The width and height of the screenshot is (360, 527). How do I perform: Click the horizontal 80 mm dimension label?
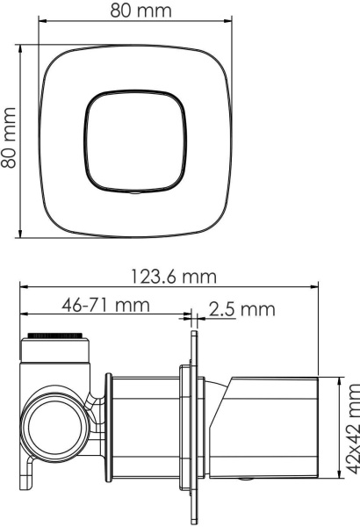click(140, 11)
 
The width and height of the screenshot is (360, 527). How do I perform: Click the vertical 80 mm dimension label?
click(9, 138)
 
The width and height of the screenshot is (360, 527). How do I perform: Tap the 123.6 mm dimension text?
click(173, 277)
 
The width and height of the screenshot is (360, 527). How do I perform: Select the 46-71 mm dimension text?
click(105, 305)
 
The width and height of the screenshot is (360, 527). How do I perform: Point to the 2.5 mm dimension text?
click(242, 309)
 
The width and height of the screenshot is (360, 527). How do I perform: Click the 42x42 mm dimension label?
click(353, 430)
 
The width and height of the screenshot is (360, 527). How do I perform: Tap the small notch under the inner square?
click(135, 193)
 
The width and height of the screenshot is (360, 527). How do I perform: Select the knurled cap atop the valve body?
click(54, 336)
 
